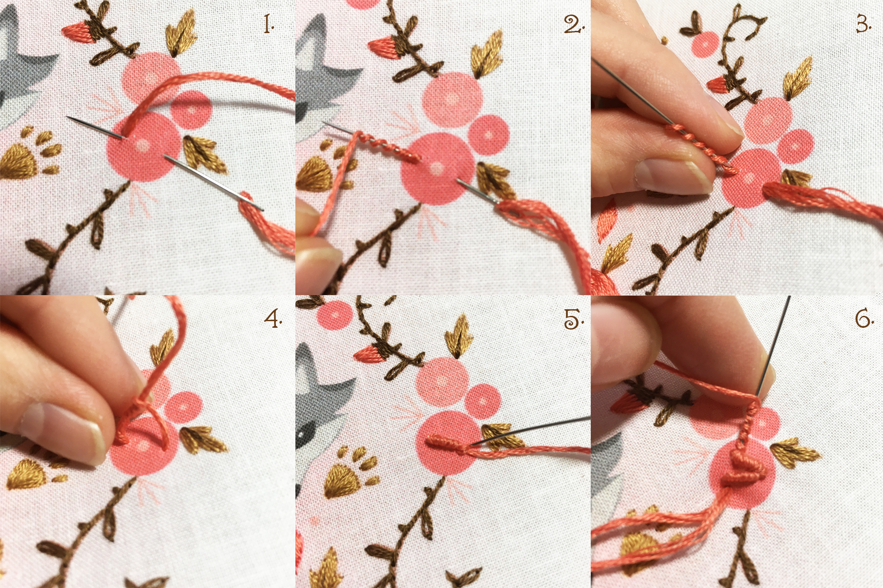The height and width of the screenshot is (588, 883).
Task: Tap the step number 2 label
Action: point(574,24)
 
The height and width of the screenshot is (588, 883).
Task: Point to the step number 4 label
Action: point(273,318)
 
